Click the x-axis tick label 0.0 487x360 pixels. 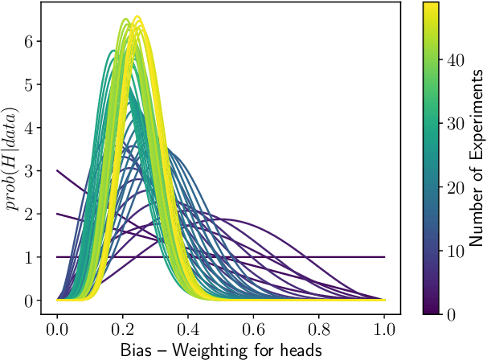(57, 329)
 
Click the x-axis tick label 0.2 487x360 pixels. (123, 329)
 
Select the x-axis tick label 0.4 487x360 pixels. (188, 329)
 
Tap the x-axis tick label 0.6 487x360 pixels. (254, 329)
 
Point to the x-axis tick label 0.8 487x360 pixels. (319, 329)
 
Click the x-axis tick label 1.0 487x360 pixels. (385, 329)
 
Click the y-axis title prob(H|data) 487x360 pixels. (12, 157)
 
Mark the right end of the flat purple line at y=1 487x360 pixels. (385, 257)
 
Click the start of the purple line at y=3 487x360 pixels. (57, 170)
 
